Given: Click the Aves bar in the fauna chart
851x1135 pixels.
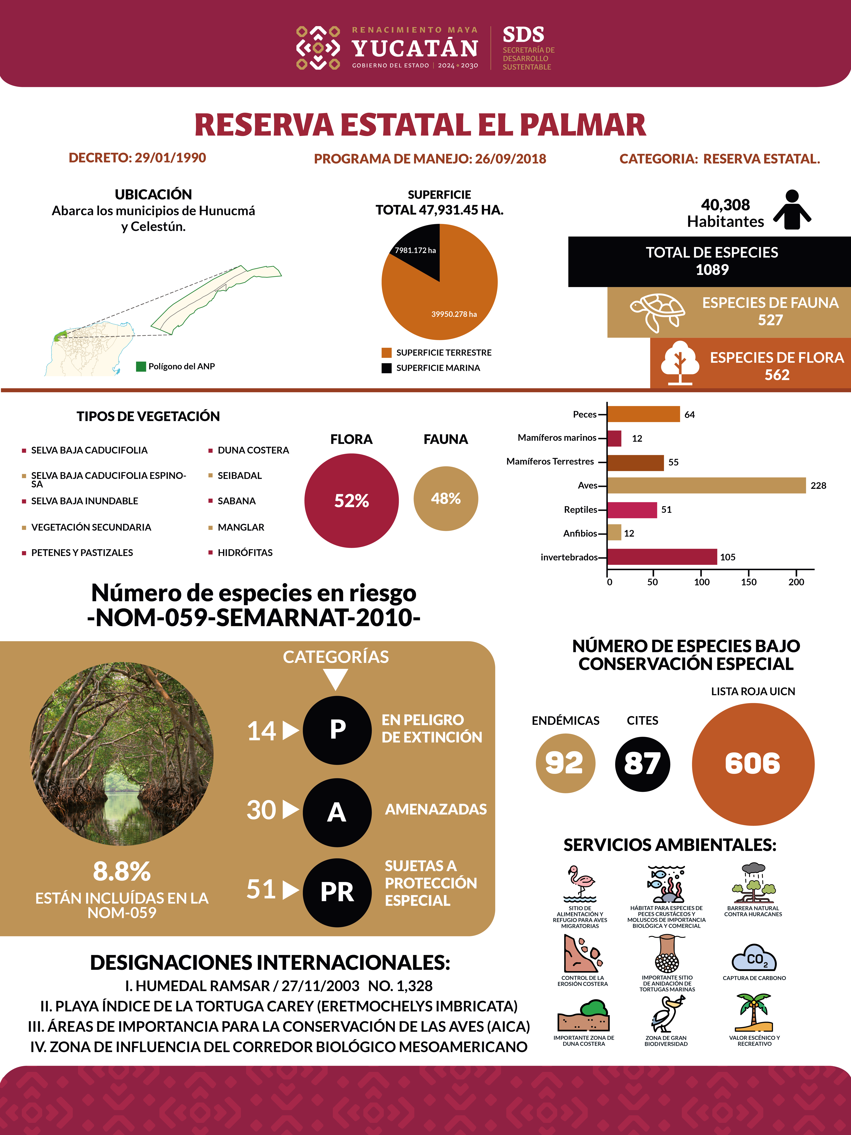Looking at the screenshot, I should tap(706, 485).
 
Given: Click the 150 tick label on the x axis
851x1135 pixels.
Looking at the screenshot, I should tap(748, 582).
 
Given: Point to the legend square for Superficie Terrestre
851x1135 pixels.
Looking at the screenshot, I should tap(386, 352).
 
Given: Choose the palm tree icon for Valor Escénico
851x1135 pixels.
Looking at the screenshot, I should tap(753, 1012).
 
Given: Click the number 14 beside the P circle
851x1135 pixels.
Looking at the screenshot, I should tap(262, 731).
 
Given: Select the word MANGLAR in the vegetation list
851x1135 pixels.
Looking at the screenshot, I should tap(241, 527).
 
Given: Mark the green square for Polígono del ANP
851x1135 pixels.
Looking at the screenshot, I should tap(141, 366).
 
